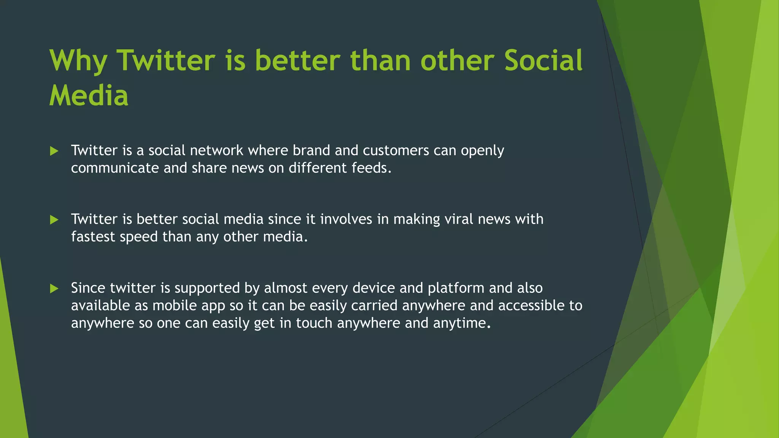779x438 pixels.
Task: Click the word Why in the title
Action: pos(78,61)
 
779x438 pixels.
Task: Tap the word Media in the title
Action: pos(89,95)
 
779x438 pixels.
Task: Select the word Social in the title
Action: pos(543,61)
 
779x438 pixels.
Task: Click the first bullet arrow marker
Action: pos(54,151)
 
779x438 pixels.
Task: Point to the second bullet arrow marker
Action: pos(54,220)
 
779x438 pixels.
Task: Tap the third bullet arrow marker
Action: pos(54,289)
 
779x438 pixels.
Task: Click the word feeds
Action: pos(371,168)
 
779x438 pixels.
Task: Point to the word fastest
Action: pos(93,237)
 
